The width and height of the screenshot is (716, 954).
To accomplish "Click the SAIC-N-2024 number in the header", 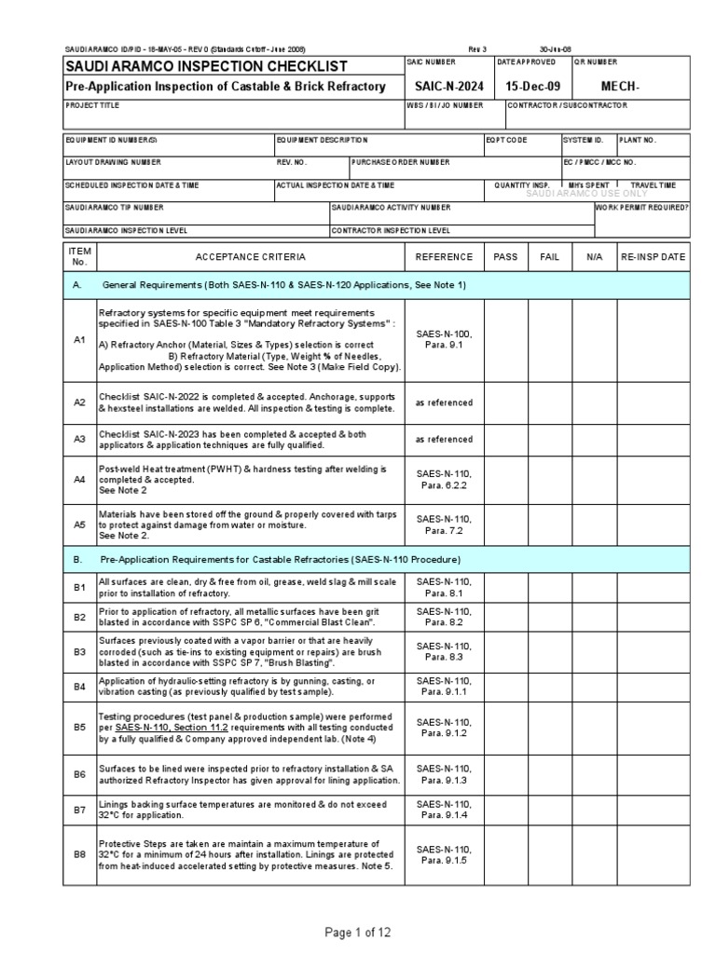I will pyautogui.click(x=444, y=86).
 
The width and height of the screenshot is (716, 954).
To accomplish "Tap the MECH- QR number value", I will pyautogui.click(x=622, y=86).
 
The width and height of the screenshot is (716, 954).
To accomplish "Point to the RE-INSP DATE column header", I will pyautogui.click(x=653, y=256).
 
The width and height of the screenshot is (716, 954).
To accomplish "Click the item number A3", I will pyautogui.click(x=79, y=438).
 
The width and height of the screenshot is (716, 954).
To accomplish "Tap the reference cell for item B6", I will pyautogui.click(x=444, y=774).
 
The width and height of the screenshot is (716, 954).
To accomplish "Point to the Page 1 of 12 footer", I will pyautogui.click(x=358, y=933).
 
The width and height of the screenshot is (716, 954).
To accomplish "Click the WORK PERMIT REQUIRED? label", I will pyautogui.click(x=642, y=208).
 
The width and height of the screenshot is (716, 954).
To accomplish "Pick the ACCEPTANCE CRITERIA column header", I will pyautogui.click(x=249, y=256).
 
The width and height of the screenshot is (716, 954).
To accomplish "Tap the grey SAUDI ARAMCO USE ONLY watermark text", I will pyautogui.click(x=586, y=193).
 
